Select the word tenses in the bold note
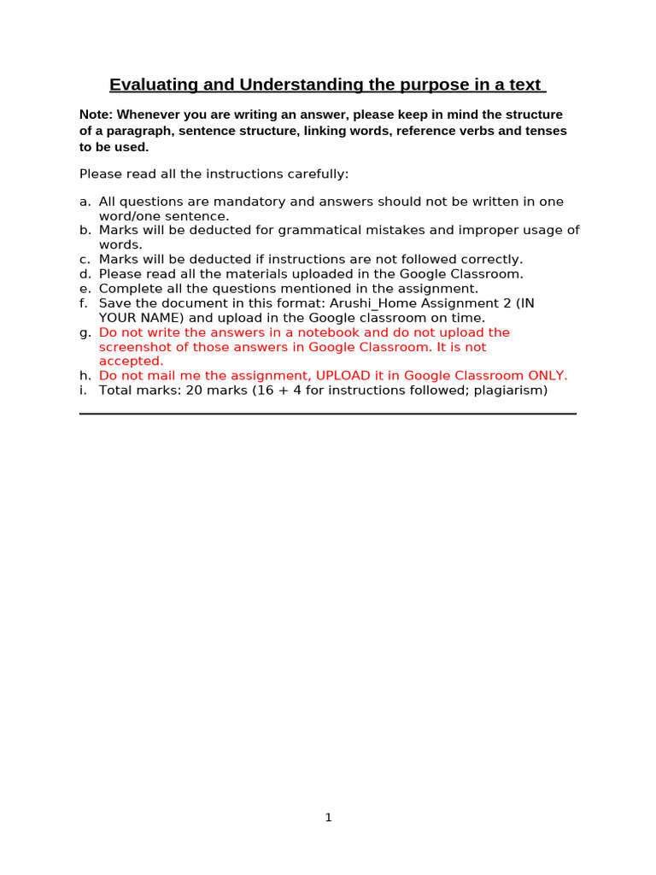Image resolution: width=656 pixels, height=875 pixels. (x=548, y=131)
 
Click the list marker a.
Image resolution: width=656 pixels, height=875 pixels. (x=84, y=202)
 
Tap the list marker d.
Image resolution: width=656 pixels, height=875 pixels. (x=84, y=273)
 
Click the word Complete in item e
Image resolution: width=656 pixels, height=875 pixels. (x=126, y=289)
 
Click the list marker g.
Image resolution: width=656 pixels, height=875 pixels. (x=84, y=332)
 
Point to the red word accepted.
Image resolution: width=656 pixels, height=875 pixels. (x=131, y=361)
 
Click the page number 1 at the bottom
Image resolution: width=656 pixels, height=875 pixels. (x=328, y=818)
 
